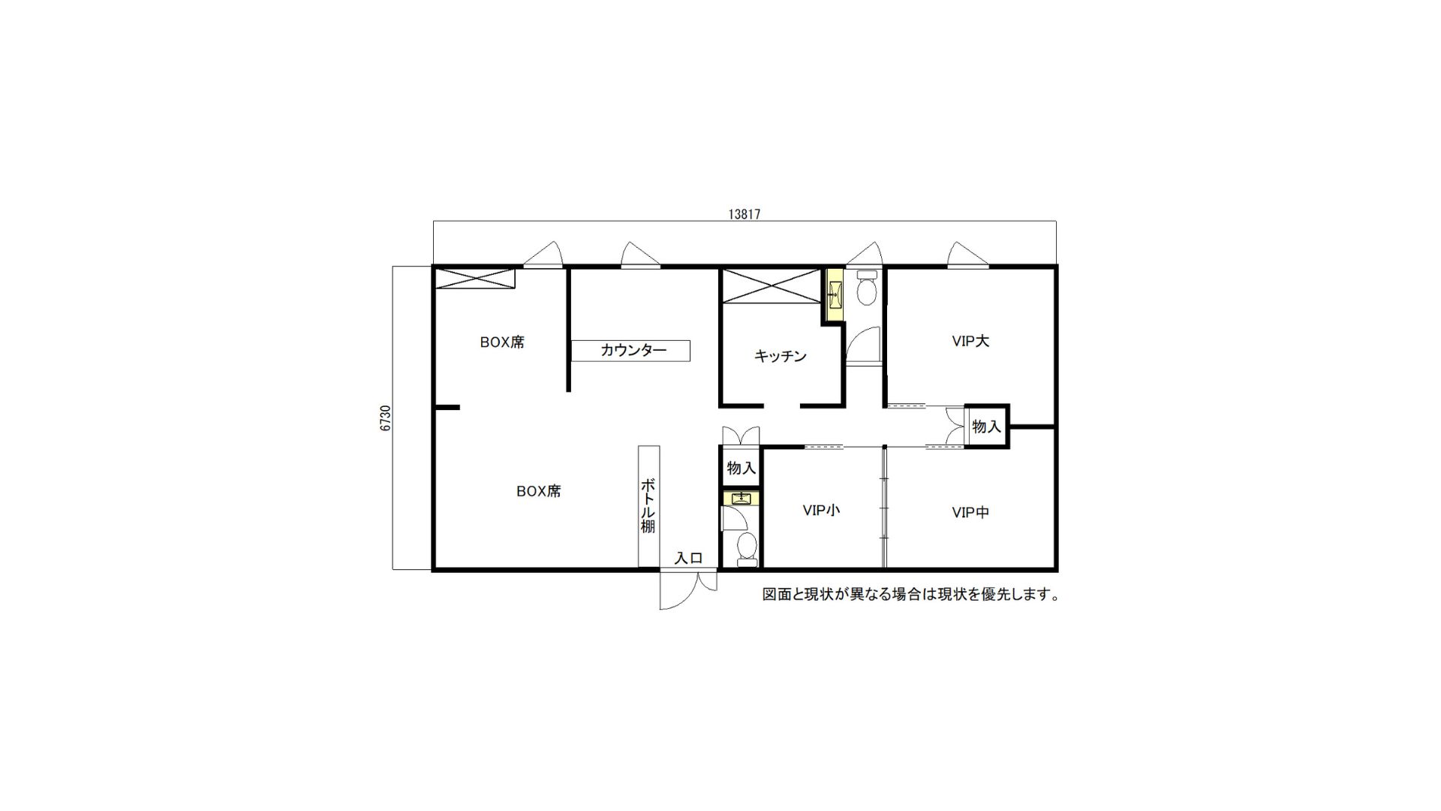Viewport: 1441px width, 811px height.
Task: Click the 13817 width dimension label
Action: click(x=745, y=214)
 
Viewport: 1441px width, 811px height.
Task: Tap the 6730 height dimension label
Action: click(x=386, y=418)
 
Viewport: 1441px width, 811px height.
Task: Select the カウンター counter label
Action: click(x=633, y=350)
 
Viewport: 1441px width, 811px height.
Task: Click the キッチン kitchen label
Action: click(x=781, y=356)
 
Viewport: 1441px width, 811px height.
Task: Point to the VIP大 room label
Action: click(x=970, y=341)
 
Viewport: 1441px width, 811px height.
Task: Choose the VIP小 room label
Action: click(x=821, y=511)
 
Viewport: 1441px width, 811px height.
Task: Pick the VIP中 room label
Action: click(x=970, y=512)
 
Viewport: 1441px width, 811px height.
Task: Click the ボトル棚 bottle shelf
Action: click(x=648, y=507)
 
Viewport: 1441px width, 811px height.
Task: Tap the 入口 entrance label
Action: click(x=688, y=558)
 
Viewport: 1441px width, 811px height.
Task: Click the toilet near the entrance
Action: click(x=748, y=548)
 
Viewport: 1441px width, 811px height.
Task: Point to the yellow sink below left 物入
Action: click(x=741, y=498)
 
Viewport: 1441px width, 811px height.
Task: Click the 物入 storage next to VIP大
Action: click(x=987, y=427)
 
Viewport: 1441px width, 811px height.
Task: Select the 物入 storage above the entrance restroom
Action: click(x=741, y=468)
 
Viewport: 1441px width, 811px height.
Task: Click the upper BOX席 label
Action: click(x=502, y=342)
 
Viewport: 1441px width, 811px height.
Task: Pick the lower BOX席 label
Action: click(x=538, y=491)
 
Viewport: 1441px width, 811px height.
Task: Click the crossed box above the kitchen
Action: click(x=772, y=286)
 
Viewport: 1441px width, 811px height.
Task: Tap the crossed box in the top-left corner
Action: click(x=475, y=278)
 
